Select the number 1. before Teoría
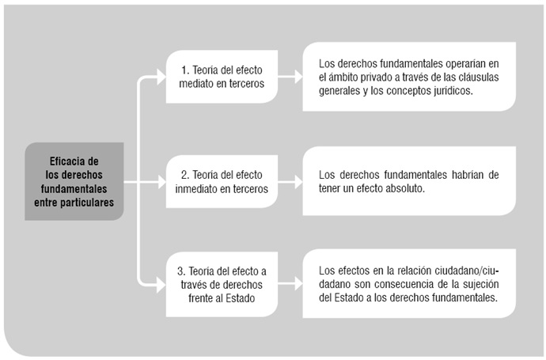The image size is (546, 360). tap(185, 70)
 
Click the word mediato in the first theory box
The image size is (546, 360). tap(195, 84)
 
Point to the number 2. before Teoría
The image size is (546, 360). tap(185, 175)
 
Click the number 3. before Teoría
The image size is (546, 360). tap(181, 271)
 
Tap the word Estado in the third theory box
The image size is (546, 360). tap(241, 298)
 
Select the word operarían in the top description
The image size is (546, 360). tap(461, 64)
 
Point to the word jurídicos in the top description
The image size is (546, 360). tap(453, 91)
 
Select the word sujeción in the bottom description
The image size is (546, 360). tap(481, 285)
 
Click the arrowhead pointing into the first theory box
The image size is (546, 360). tap(161, 77)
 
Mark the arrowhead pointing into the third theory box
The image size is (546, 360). tap(161, 286)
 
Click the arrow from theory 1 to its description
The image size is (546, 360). tap(290, 77)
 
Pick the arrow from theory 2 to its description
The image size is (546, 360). tap(290, 182)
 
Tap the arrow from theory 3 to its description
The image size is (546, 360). tap(290, 284)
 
